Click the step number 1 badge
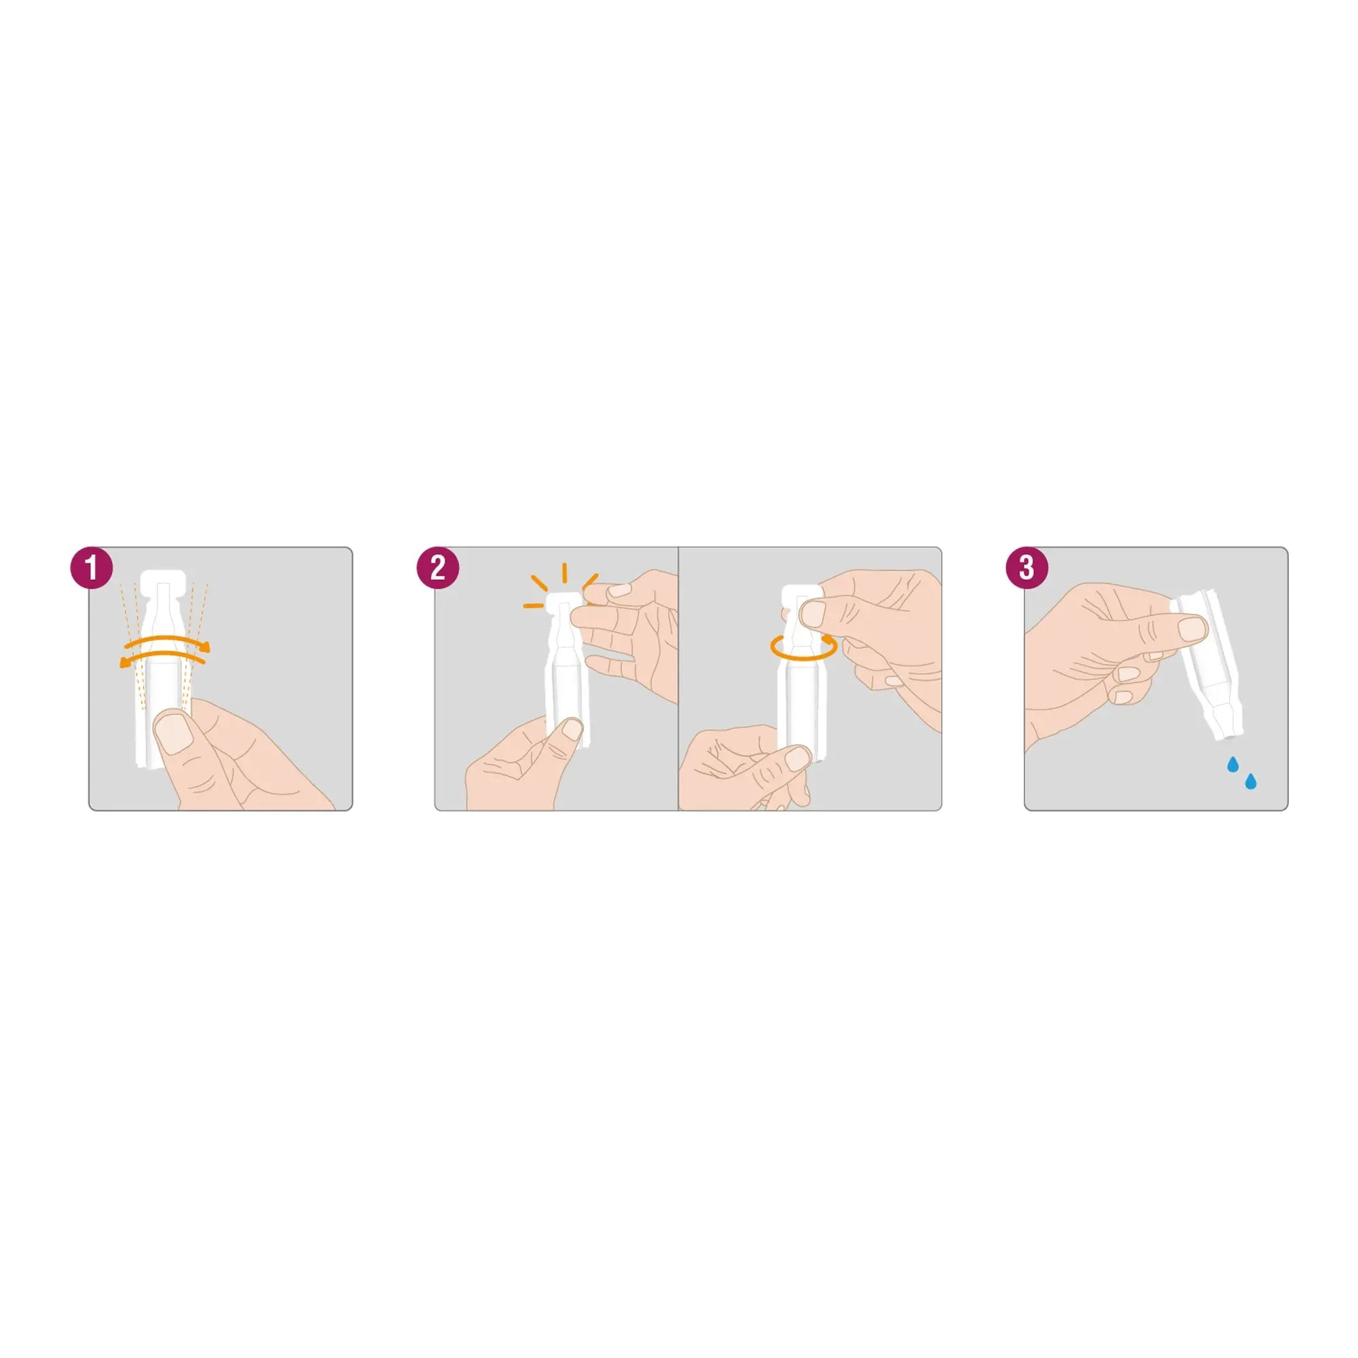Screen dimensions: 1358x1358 click(92, 567)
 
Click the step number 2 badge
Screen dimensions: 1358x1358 click(438, 567)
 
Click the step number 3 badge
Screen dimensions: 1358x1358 click(1027, 567)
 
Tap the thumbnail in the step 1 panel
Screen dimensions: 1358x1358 click(173, 731)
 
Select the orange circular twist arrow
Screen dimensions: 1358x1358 click(804, 647)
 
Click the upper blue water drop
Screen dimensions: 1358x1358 click(1232, 764)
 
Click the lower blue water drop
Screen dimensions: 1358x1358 click(1251, 781)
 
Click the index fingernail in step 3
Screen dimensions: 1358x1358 click(1192, 627)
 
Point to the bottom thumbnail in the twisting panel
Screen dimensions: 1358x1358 click(798, 758)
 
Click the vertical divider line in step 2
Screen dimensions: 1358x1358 click(678, 679)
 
